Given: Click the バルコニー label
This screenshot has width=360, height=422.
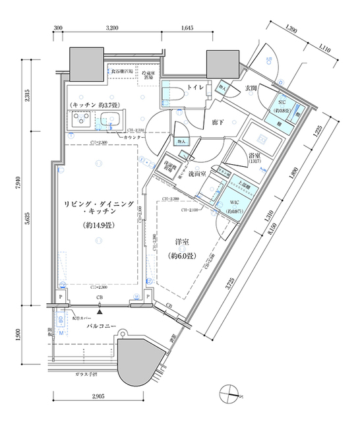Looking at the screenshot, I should point(100,327).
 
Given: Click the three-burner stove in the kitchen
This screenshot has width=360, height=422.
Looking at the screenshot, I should point(82,119).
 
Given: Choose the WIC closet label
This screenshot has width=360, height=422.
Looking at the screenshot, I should point(235,202).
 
